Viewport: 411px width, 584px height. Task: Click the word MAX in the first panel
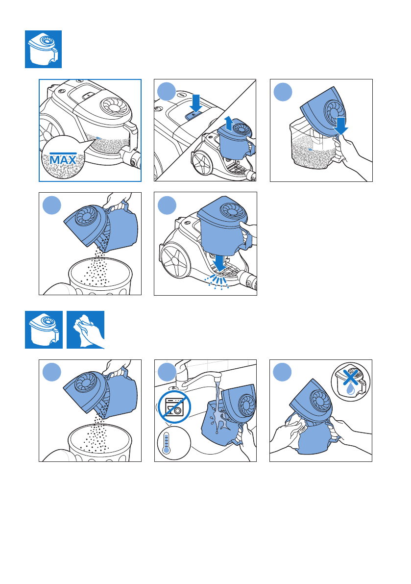click(63, 160)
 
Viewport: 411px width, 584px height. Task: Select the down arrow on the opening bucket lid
click(340, 126)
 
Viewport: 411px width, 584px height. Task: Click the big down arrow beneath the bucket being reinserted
click(220, 262)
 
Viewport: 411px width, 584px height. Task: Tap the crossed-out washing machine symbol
click(174, 406)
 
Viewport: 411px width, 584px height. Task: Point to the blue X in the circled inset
click(350, 377)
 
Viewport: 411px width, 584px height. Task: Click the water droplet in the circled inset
click(350, 389)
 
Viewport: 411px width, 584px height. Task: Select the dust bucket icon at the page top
click(43, 49)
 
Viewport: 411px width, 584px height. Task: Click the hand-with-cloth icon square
click(86, 330)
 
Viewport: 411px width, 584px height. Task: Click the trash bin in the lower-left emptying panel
click(100, 443)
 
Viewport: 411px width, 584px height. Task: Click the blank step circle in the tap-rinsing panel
click(167, 372)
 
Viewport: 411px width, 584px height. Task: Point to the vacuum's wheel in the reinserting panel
click(174, 260)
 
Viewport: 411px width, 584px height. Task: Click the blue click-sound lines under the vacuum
click(218, 282)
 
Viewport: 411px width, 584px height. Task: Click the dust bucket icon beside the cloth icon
click(44, 330)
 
